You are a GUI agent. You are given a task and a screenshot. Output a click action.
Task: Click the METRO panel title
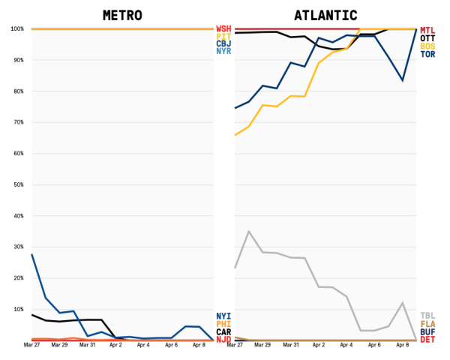[x=122, y=15]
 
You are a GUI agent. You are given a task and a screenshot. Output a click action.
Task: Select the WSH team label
[x=223, y=28]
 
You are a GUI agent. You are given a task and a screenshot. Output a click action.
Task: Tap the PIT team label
[x=223, y=36]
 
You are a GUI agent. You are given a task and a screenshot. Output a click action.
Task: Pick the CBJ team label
[x=223, y=43]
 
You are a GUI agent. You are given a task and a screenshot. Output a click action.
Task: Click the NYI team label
[x=223, y=316]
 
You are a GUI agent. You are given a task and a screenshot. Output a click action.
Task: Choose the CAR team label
[x=223, y=331]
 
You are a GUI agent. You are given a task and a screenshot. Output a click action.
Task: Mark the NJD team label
[x=223, y=340]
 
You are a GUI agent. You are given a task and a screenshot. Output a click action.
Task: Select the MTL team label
[x=427, y=30]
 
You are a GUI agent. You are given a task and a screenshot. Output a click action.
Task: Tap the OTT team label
[x=427, y=38]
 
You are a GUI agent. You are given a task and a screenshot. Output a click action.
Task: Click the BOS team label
[x=427, y=46]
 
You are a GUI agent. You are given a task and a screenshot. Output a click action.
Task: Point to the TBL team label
[x=427, y=316]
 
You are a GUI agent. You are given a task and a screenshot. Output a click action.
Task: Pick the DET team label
[x=427, y=340]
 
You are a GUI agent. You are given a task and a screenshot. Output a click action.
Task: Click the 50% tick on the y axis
[x=16, y=184]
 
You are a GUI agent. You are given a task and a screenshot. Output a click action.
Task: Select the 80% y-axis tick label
[x=16, y=91]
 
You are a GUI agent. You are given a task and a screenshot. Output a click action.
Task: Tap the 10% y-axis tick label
[x=16, y=309]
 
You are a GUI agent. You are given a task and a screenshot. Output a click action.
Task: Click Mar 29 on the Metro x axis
[x=59, y=346]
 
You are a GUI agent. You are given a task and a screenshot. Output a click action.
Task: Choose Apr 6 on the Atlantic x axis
[x=374, y=346]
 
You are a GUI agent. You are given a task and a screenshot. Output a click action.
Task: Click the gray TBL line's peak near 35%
[x=249, y=232]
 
